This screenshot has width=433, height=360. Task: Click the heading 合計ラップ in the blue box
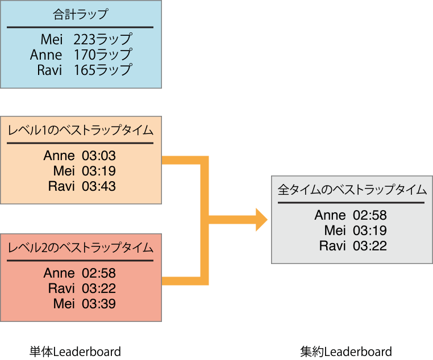click(80, 14)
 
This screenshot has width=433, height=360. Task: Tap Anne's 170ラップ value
click(103, 55)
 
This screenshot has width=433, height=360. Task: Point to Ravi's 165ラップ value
click(103, 70)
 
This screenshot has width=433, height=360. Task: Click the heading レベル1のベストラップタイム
click(80, 130)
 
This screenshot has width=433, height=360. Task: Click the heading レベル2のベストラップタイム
click(80, 248)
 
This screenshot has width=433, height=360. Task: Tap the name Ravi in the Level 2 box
click(61, 288)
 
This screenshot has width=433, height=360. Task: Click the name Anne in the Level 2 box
click(59, 274)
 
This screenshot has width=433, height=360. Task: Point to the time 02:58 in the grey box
click(370, 216)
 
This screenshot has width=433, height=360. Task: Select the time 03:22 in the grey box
click(370, 246)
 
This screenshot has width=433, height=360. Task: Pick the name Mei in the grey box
click(335, 231)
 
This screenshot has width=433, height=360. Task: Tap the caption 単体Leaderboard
click(76, 351)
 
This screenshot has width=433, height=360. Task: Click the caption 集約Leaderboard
click(346, 351)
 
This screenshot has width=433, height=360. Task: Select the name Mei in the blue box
click(52, 40)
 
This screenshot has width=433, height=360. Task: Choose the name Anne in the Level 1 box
click(59, 156)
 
